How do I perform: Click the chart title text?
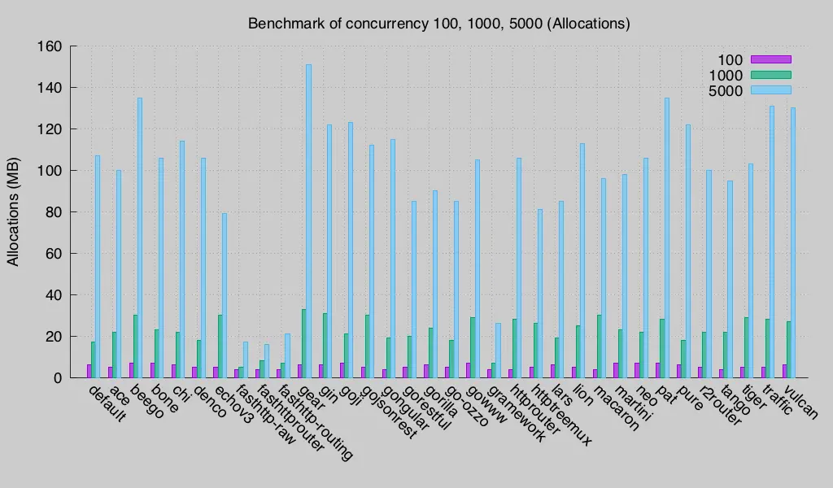coord(438,24)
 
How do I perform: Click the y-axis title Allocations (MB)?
coord(14,211)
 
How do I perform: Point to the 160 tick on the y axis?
coord(50,46)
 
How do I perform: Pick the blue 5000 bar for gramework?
coord(498,351)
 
